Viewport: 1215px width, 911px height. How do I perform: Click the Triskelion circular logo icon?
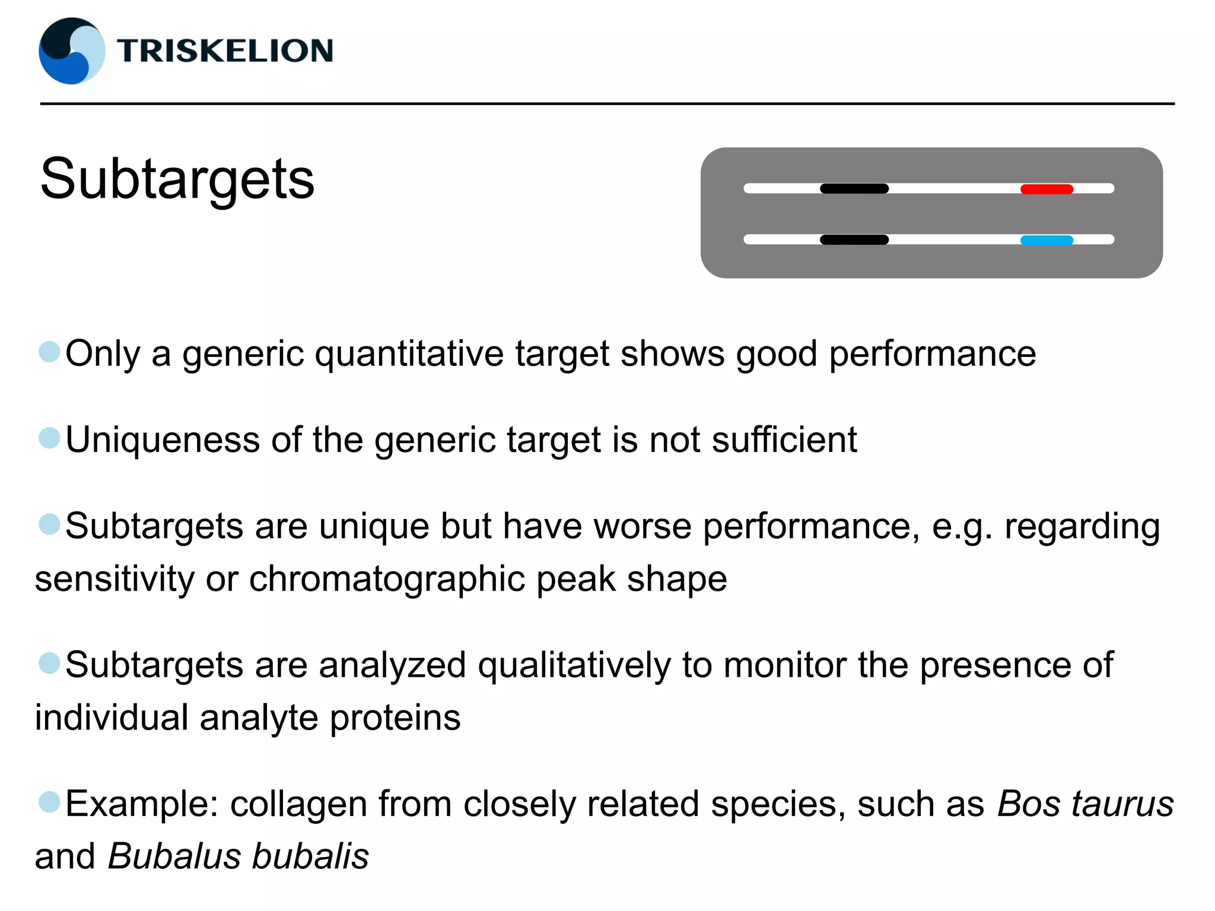[x=72, y=51]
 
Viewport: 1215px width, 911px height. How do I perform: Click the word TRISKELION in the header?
[x=225, y=50]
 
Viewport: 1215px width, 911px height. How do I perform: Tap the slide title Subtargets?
[x=177, y=179]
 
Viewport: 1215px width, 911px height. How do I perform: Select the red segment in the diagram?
[x=1047, y=189]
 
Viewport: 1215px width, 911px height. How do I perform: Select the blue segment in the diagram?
[x=1047, y=240]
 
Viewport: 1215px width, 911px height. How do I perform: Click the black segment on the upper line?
[x=854, y=189]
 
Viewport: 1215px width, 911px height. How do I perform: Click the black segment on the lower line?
[x=854, y=240]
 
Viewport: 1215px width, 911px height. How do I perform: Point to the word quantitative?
[x=409, y=354]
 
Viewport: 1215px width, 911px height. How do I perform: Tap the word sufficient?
[x=784, y=440]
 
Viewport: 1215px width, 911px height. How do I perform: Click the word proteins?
[x=395, y=718]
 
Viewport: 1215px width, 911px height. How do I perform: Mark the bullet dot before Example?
[x=49, y=802]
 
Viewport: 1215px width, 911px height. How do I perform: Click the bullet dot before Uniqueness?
[x=49, y=438]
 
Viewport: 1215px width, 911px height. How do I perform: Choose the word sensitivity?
[x=114, y=579]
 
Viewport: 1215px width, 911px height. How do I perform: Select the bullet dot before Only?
[x=49, y=352]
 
